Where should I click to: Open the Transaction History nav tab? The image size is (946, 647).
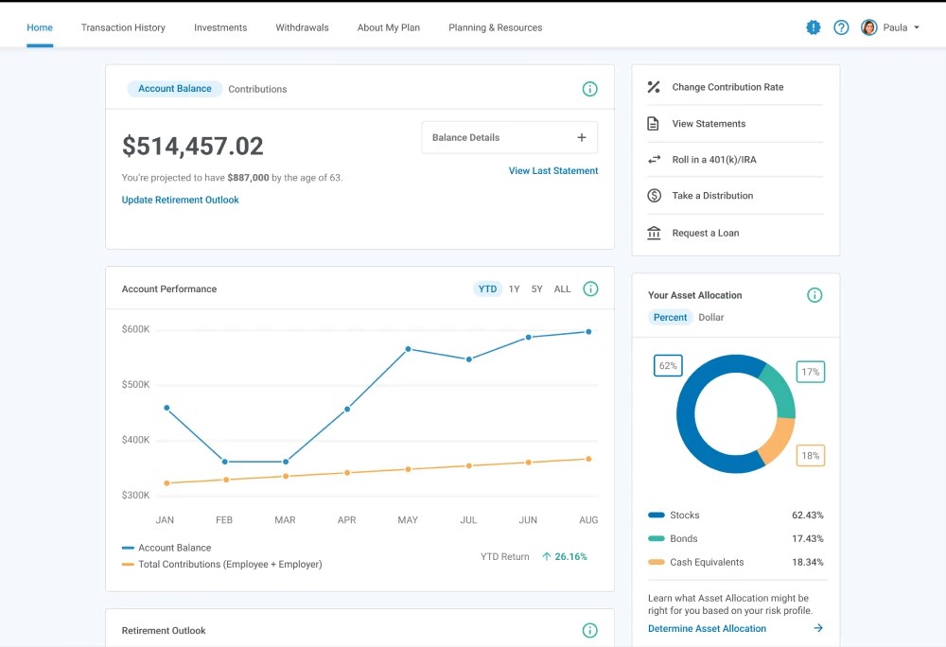point(123,27)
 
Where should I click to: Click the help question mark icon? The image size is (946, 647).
point(841,27)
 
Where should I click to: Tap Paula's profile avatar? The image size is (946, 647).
point(868,27)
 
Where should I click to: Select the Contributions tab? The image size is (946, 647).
point(257,89)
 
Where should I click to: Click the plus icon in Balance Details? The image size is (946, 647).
point(582,137)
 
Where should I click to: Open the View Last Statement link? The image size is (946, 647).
point(553,171)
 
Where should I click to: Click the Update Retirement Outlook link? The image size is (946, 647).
point(181,201)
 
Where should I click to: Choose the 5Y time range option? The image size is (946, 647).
point(536,289)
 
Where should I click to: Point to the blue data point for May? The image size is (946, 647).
point(409,349)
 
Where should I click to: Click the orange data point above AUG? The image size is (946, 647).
point(588,459)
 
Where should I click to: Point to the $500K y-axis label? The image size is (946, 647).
point(135,385)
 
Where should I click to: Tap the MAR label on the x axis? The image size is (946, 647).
point(285,520)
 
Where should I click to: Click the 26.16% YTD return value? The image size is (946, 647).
point(570,557)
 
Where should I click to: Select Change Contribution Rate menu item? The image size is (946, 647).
point(727,87)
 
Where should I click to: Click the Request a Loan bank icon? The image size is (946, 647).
point(654,233)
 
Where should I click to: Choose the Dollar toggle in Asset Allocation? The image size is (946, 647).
point(710,318)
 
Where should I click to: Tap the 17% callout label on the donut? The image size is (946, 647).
point(810,373)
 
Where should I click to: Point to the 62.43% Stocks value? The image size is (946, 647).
point(807,516)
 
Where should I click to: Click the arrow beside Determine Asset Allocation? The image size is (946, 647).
point(818,628)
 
